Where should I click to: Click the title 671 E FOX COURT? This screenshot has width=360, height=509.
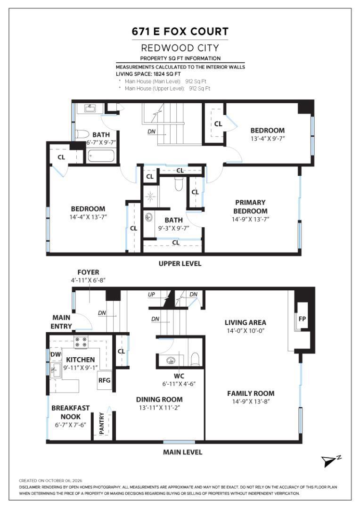click(x=180, y=32)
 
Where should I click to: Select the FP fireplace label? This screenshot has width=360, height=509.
click(x=302, y=319)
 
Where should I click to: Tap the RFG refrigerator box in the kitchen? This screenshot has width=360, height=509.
click(x=105, y=380)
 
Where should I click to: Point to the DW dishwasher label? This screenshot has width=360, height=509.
click(x=56, y=354)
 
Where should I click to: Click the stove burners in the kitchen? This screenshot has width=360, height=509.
click(x=82, y=342)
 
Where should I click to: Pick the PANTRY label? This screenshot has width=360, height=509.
click(x=102, y=423)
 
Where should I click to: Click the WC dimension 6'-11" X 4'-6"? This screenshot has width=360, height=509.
click(x=179, y=384)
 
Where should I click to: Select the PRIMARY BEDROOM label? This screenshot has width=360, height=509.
click(x=250, y=206)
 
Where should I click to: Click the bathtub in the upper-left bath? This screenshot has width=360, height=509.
click(x=101, y=156)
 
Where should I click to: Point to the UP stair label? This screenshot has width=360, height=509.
click(x=151, y=295)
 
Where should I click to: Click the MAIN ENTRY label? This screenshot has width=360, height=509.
click(x=61, y=322)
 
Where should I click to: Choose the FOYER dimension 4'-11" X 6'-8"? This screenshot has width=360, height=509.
click(x=88, y=280)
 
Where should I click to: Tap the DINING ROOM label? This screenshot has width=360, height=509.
click(x=159, y=399)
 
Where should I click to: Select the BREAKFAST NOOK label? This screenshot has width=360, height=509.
click(x=70, y=412)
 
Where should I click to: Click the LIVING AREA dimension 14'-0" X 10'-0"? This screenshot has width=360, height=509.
click(x=246, y=331)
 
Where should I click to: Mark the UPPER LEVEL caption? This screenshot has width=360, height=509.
click(x=180, y=263)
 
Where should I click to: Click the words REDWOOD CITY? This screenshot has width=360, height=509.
click(x=180, y=48)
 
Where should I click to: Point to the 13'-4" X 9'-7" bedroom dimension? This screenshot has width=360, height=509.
click(x=268, y=139)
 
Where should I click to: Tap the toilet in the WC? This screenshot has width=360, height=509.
click(x=195, y=359)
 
